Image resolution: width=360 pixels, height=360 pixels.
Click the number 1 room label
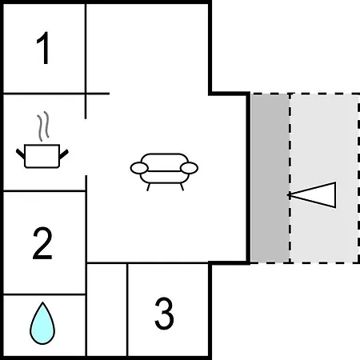tap(43, 48)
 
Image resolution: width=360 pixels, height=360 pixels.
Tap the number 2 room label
tap(42, 243)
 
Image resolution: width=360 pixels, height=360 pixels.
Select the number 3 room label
tap(164, 314)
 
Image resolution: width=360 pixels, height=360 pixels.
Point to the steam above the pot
tap(43, 126)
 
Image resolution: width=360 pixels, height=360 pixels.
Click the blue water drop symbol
tap(42, 323)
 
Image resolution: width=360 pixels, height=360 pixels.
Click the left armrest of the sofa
tap(139, 168)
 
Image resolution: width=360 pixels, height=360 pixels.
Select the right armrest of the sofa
tap(189, 168)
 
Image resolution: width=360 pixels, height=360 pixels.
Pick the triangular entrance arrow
tap(312, 195)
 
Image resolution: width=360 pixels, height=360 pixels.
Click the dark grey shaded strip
tap(270, 178)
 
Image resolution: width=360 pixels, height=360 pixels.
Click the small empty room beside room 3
tap(107, 310)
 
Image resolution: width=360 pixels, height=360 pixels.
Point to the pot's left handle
tap(20, 154)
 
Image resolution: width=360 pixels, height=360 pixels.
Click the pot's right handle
tap(64, 154)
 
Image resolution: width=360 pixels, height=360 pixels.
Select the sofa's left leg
tap(148, 187)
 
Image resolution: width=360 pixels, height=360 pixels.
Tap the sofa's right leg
tap(182, 186)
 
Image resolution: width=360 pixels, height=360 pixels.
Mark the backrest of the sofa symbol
tap(164, 159)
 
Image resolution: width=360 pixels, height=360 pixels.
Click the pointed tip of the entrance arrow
tap(288, 195)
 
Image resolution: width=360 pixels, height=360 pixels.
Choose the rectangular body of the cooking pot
tap(42, 156)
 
